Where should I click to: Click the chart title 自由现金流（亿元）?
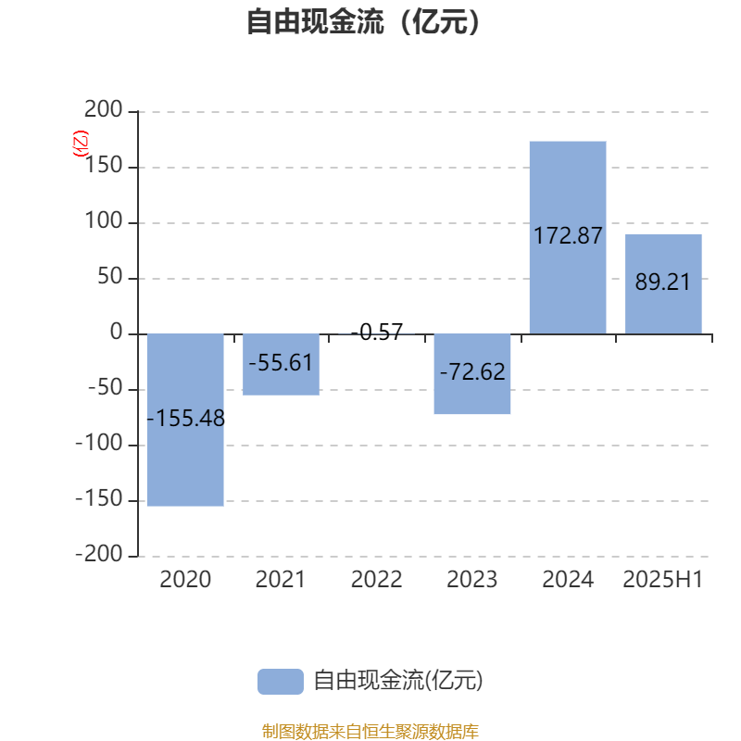363,21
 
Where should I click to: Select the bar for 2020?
185,420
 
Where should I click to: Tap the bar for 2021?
282,364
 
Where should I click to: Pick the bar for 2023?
472,374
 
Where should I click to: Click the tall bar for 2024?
568,237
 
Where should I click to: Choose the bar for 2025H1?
663,284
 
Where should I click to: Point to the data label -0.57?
377,332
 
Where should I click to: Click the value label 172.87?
568,235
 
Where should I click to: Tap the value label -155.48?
186,419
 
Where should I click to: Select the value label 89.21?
662,283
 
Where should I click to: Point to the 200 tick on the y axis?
104,109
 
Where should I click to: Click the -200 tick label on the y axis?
99,554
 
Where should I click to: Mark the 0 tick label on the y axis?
117,332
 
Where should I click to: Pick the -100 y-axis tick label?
99,444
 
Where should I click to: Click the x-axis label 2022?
377,580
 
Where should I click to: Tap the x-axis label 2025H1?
663,580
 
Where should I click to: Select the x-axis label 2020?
185,580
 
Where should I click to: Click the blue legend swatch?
281,682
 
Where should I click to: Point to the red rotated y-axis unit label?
81,144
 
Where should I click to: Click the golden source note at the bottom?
370,731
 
